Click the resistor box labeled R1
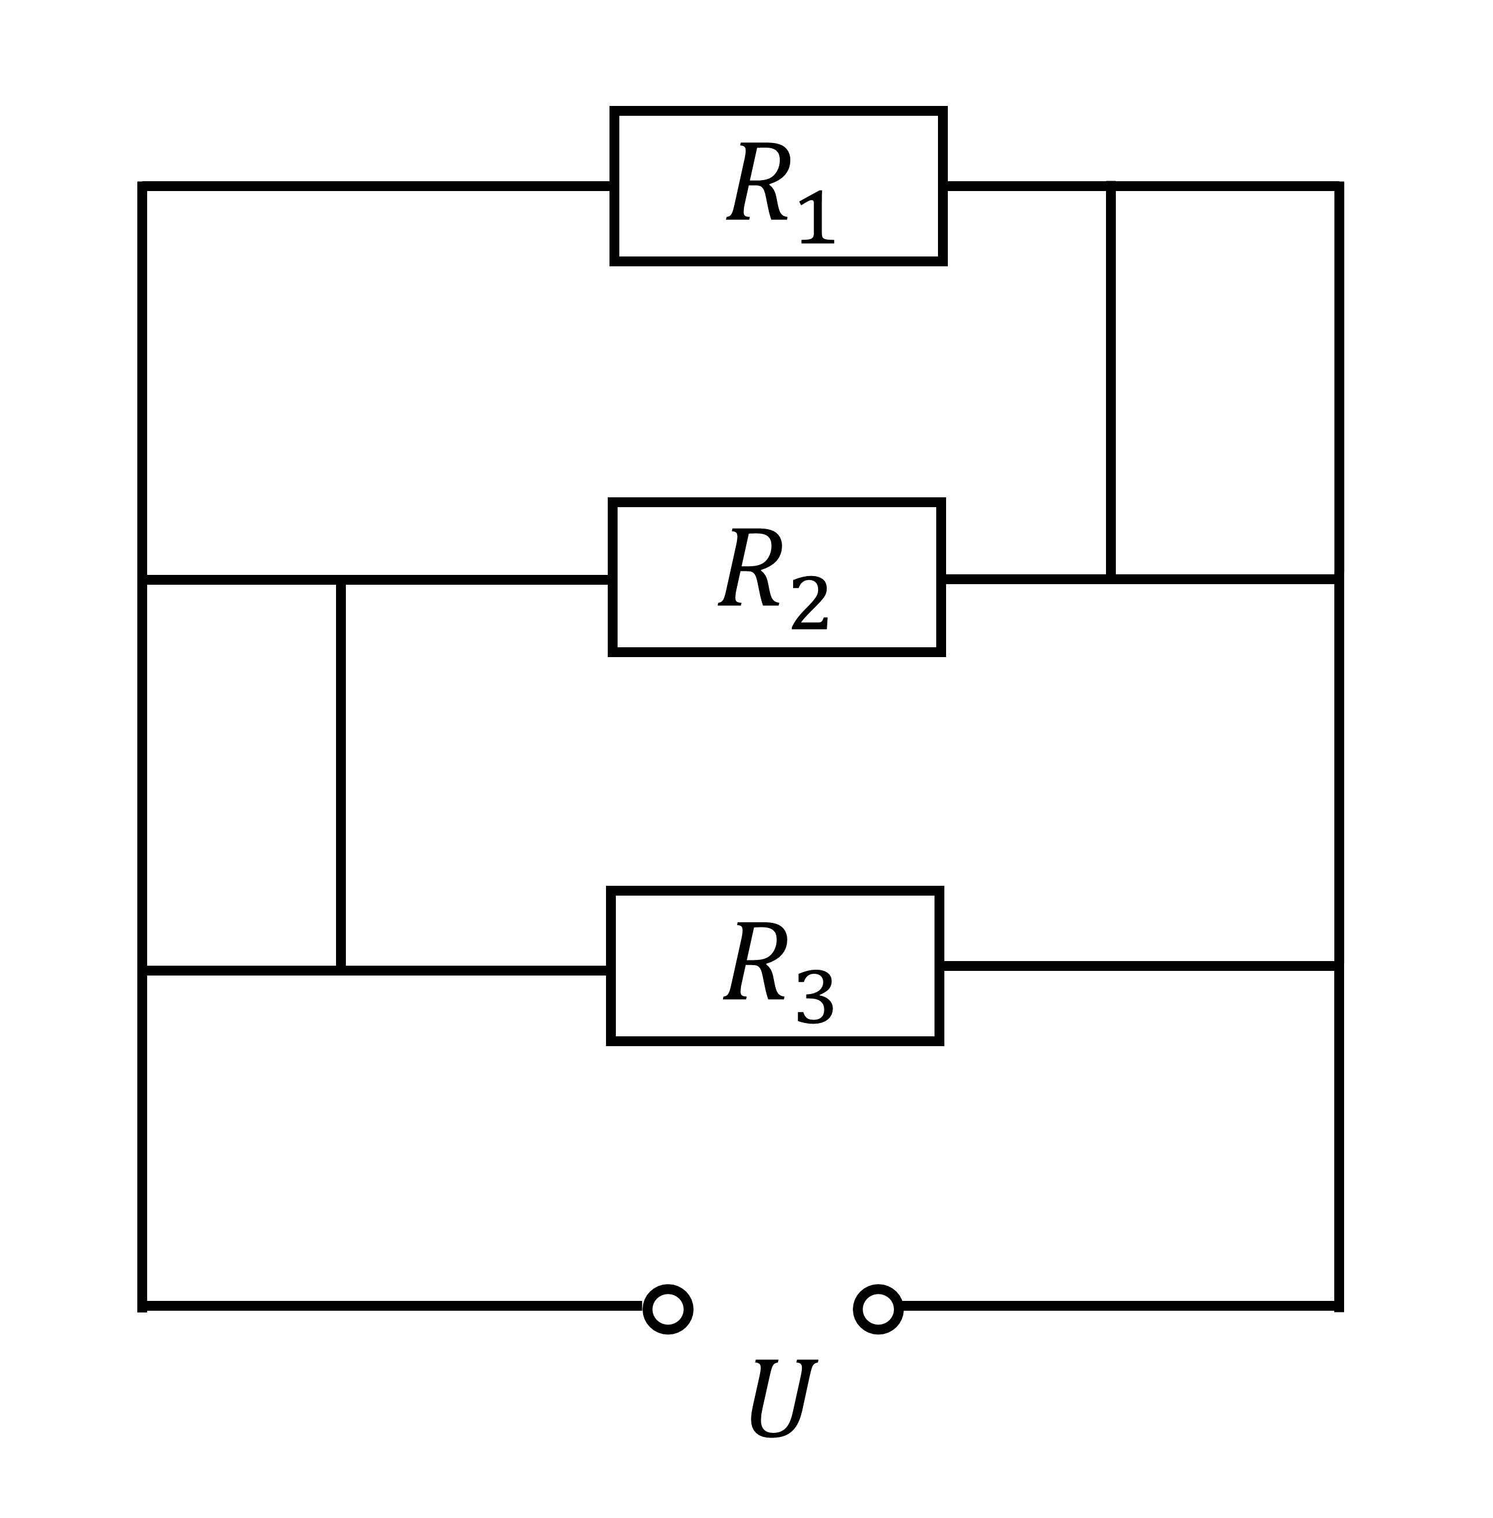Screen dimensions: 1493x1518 (x=779, y=186)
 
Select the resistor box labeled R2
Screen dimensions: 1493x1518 (x=777, y=577)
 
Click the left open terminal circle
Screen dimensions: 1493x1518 (x=667, y=1309)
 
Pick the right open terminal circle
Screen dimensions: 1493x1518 (x=878, y=1309)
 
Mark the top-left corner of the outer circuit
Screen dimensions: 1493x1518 (x=142, y=186)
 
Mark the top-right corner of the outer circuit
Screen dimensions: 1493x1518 (x=1339, y=186)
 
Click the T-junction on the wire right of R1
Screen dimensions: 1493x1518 (x=1111, y=186)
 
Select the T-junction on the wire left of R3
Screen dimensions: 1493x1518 (x=340, y=971)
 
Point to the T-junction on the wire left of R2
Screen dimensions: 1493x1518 (x=340, y=580)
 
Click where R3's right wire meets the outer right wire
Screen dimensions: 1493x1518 (x=1339, y=966)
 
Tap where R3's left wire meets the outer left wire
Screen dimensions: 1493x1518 (x=142, y=971)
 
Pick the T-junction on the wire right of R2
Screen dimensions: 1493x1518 (x=1111, y=579)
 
